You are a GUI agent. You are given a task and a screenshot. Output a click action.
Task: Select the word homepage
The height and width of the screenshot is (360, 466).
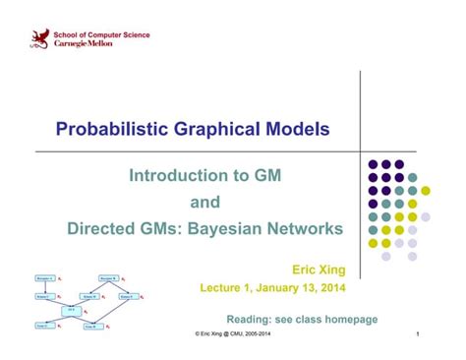pyautogui.click(x=347, y=320)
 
